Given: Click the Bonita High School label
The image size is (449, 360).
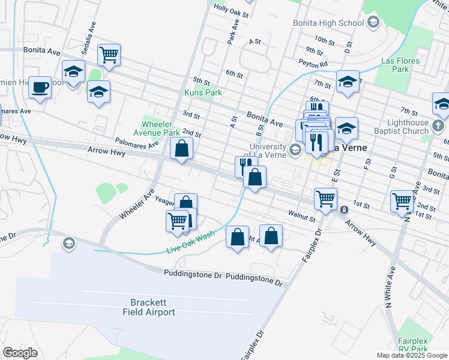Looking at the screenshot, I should [328, 23].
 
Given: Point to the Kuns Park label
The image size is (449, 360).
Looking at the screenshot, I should [203, 92].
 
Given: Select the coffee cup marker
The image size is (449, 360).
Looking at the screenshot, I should [41, 88].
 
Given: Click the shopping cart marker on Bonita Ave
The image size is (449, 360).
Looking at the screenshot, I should [109, 55].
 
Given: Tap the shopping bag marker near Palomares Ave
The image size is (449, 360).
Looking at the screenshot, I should [181, 148].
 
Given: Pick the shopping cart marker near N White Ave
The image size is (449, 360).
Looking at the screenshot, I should [401, 200].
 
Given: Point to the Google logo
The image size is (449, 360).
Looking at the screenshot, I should [20, 353].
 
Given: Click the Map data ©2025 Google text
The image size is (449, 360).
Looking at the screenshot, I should [411, 355].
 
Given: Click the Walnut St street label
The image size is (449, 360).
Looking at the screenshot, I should [302, 213].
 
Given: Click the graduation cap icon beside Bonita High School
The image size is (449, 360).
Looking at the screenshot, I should [373, 23].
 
